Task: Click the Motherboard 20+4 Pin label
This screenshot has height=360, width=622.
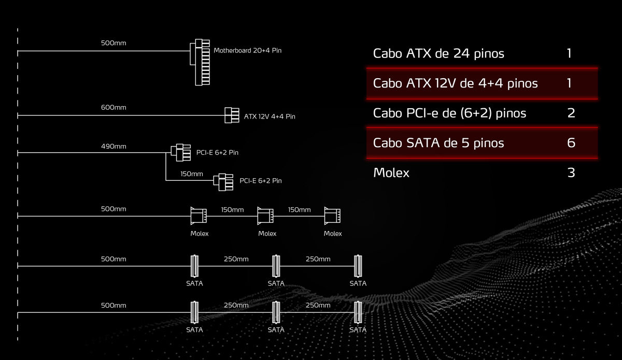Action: tap(247, 51)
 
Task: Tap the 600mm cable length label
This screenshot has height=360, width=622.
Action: tap(114, 107)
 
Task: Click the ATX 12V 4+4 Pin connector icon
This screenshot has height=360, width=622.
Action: tap(231, 115)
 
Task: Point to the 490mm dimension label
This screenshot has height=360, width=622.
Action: tap(114, 147)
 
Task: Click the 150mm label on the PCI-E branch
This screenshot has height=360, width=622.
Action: tap(192, 174)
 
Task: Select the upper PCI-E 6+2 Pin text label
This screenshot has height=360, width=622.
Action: tap(217, 152)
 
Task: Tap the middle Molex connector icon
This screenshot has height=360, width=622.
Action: tap(265, 216)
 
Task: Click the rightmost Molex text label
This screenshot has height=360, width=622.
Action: tap(333, 234)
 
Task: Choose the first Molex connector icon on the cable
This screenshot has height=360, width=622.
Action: tap(199, 216)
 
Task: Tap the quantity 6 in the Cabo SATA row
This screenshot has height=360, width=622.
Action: tap(571, 142)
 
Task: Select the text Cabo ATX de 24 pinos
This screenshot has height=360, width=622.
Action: tap(439, 53)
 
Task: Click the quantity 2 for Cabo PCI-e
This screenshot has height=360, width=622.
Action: tap(571, 113)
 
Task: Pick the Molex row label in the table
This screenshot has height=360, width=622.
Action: tap(391, 172)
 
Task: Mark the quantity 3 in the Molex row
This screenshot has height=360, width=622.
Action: tap(571, 172)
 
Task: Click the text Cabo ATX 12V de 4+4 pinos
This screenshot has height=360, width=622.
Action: tap(455, 83)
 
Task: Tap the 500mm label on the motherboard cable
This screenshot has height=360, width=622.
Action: tap(114, 43)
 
